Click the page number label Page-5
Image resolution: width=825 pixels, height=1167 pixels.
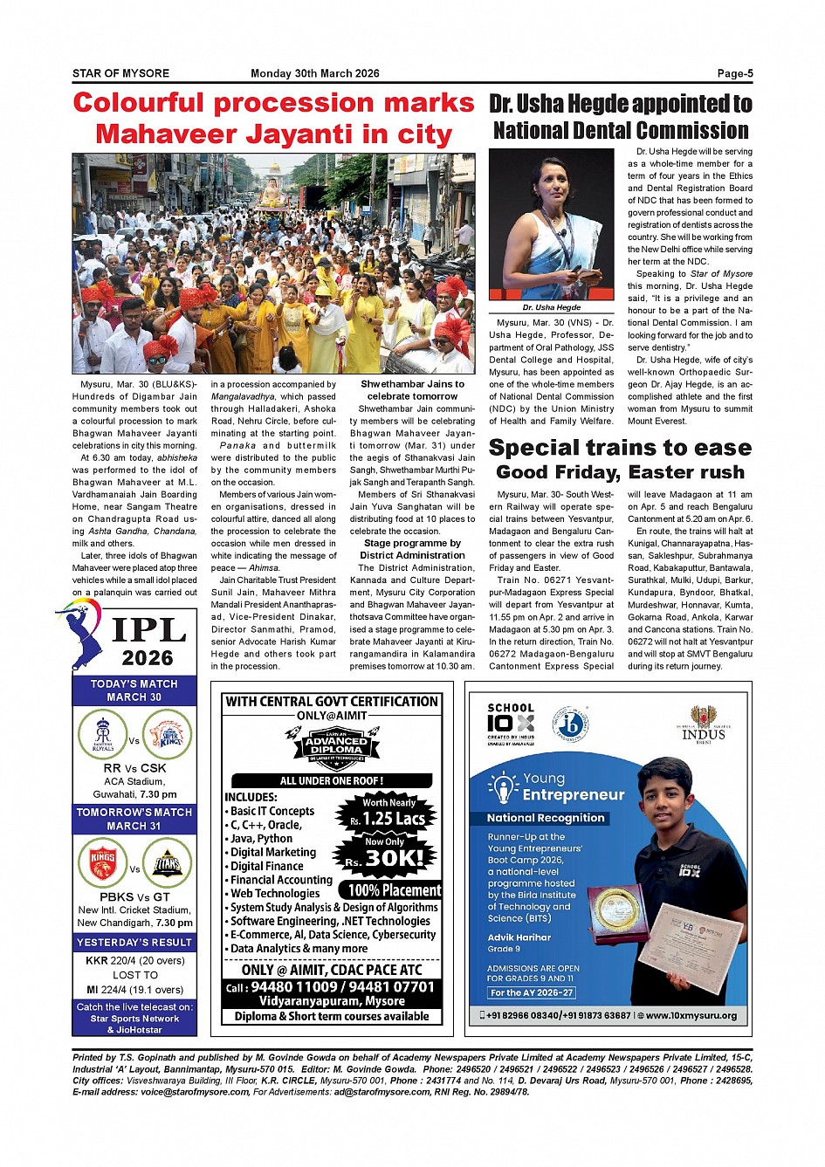point(734,73)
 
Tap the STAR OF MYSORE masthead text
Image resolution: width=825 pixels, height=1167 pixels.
point(120,73)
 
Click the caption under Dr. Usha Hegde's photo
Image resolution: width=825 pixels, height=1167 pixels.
point(552,307)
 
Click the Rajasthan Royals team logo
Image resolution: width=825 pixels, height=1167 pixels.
point(103,733)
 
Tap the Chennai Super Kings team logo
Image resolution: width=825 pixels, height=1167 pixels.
point(168,733)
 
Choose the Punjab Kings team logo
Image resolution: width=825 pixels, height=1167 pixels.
point(103,862)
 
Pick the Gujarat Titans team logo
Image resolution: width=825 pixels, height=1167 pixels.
point(168,862)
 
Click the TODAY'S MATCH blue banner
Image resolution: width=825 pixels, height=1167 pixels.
point(134,690)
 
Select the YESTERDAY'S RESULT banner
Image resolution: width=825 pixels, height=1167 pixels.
point(134,943)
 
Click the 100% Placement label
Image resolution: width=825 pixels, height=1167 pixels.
point(395,890)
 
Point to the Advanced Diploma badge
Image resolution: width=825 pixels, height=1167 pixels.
point(336,745)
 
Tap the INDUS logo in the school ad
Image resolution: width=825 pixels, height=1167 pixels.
point(704,724)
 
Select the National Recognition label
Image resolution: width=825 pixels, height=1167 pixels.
point(546,818)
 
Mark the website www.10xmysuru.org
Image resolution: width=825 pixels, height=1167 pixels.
point(691,1015)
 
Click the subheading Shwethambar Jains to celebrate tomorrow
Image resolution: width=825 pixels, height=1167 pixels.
point(412,390)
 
